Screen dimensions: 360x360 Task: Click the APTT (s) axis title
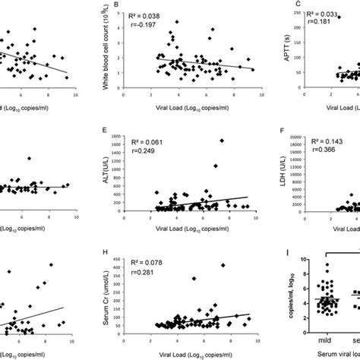(x=276, y=46)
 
